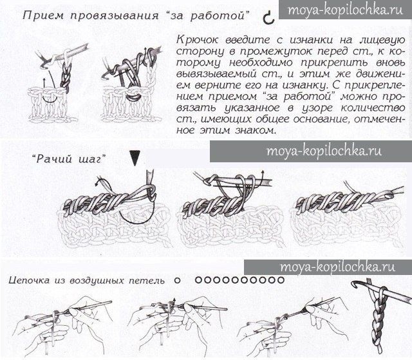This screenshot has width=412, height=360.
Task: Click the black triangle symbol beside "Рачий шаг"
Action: (135, 158)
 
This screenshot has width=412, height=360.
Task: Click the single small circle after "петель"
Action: (178, 280)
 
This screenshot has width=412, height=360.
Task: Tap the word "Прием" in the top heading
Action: (43, 15)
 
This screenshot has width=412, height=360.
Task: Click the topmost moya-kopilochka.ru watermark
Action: (345, 10)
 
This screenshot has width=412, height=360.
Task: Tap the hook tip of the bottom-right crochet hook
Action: (355, 283)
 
